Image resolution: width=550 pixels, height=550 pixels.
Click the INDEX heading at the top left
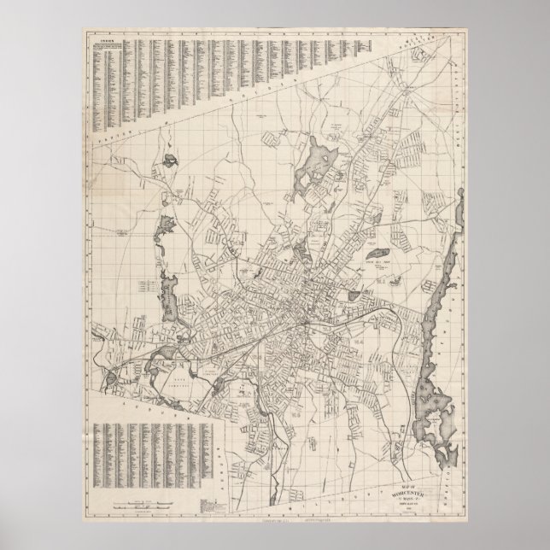pyautogui.click(x=108, y=40)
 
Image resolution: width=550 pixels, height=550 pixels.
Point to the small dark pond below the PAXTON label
pyautogui.click(x=172, y=159)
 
